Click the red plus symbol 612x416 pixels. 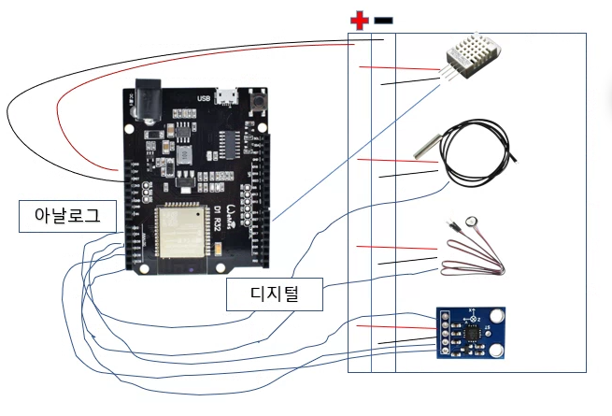click(359, 20)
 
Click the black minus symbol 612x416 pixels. click(384, 20)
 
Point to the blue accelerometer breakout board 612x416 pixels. click(474, 334)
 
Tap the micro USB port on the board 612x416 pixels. click(225, 96)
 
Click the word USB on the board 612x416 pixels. click(204, 98)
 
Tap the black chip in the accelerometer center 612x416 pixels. click(474, 331)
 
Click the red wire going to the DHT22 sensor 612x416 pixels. click(397, 69)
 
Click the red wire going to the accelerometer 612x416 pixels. click(396, 327)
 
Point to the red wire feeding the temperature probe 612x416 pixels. click(397, 162)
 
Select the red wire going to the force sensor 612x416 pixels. click(397, 249)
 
